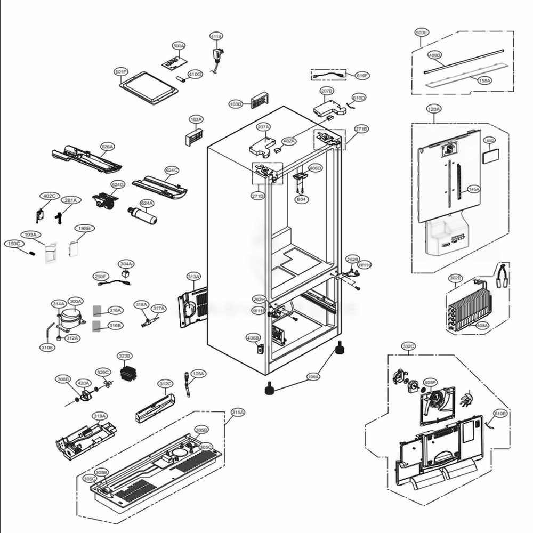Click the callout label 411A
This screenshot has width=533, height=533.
click(216, 36)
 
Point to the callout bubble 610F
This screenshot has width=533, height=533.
click(362, 76)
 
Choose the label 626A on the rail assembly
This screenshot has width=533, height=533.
click(108, 146)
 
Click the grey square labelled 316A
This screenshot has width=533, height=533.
click(96, 310)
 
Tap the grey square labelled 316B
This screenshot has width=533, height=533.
click(96, 325)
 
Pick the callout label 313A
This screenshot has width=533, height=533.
click(193, 277)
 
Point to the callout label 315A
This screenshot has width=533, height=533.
click(238, 412)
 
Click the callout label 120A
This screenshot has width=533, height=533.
click(434, 109)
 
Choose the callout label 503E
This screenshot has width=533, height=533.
click(422, 33)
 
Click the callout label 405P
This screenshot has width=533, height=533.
click(430, 382)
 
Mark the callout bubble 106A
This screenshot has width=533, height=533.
click(313, 377)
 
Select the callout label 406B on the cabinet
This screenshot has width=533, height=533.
click(253, 338)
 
